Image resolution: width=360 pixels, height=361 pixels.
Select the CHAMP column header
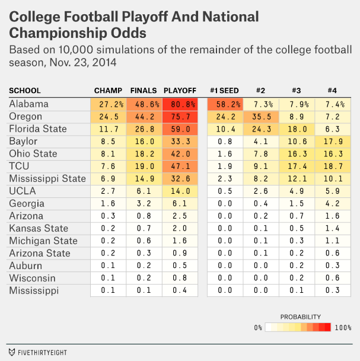coord(108,91)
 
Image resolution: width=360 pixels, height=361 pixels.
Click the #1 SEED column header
coord(224,91)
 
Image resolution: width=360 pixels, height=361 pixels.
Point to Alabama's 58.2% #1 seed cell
coord(224,104)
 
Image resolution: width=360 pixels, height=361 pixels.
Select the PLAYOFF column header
coord(180,91)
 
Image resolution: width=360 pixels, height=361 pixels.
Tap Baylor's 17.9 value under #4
coord(332,142)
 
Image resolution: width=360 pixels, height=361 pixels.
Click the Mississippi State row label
coord(47,179)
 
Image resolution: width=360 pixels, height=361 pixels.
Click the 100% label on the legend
coord(343,327)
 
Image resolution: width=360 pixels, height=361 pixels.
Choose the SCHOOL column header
coord(25,91)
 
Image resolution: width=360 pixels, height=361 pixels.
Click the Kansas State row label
coord(39,229)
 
